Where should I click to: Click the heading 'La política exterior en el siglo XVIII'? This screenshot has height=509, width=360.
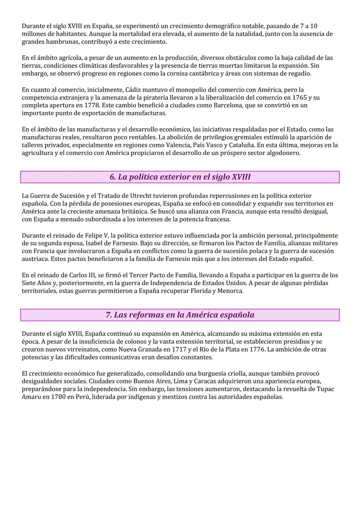[x=180, y=177]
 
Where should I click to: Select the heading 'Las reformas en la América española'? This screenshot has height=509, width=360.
[x=180, y=315]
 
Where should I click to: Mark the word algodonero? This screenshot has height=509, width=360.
[x=283, y=153]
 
